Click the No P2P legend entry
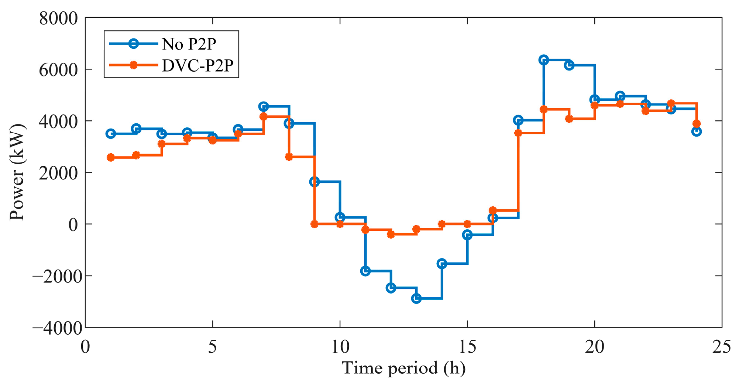click(162, 44)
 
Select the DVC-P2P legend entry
click(171, 65)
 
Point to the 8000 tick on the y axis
click(59, 18)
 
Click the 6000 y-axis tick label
click(59, 69)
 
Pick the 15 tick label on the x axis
click(467, 347)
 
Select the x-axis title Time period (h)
click(403, 368)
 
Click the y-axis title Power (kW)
click(17, 172)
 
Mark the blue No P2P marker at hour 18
click(543, 60)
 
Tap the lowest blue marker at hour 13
click(416, 298)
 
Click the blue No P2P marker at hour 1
click(111, 134)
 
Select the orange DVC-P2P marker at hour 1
click(110, 157)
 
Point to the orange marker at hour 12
click(391, 234)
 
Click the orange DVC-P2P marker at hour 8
click(289, 157)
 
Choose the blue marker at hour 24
click(697, 131)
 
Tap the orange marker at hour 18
click(543, 109)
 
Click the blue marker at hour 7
click(264, 106)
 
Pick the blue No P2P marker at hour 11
click(365, 271)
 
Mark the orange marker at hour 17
click(518, 133)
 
